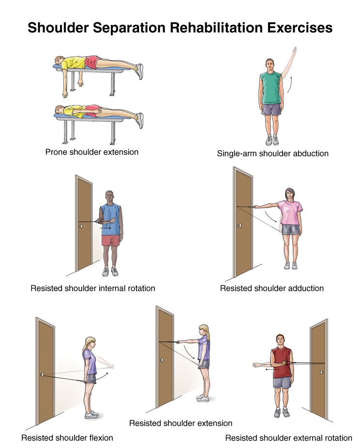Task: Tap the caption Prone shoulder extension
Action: [x=92, y=152]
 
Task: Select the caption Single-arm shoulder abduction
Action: [x=273, y=153]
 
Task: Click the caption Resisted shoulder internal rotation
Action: [x=93, y=288]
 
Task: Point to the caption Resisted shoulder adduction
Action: [x=271, y=288]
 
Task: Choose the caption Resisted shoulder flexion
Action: [x=67, y=438]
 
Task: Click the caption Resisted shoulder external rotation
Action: [x=289, y=438]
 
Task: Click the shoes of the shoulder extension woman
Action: [x=202, y=398]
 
